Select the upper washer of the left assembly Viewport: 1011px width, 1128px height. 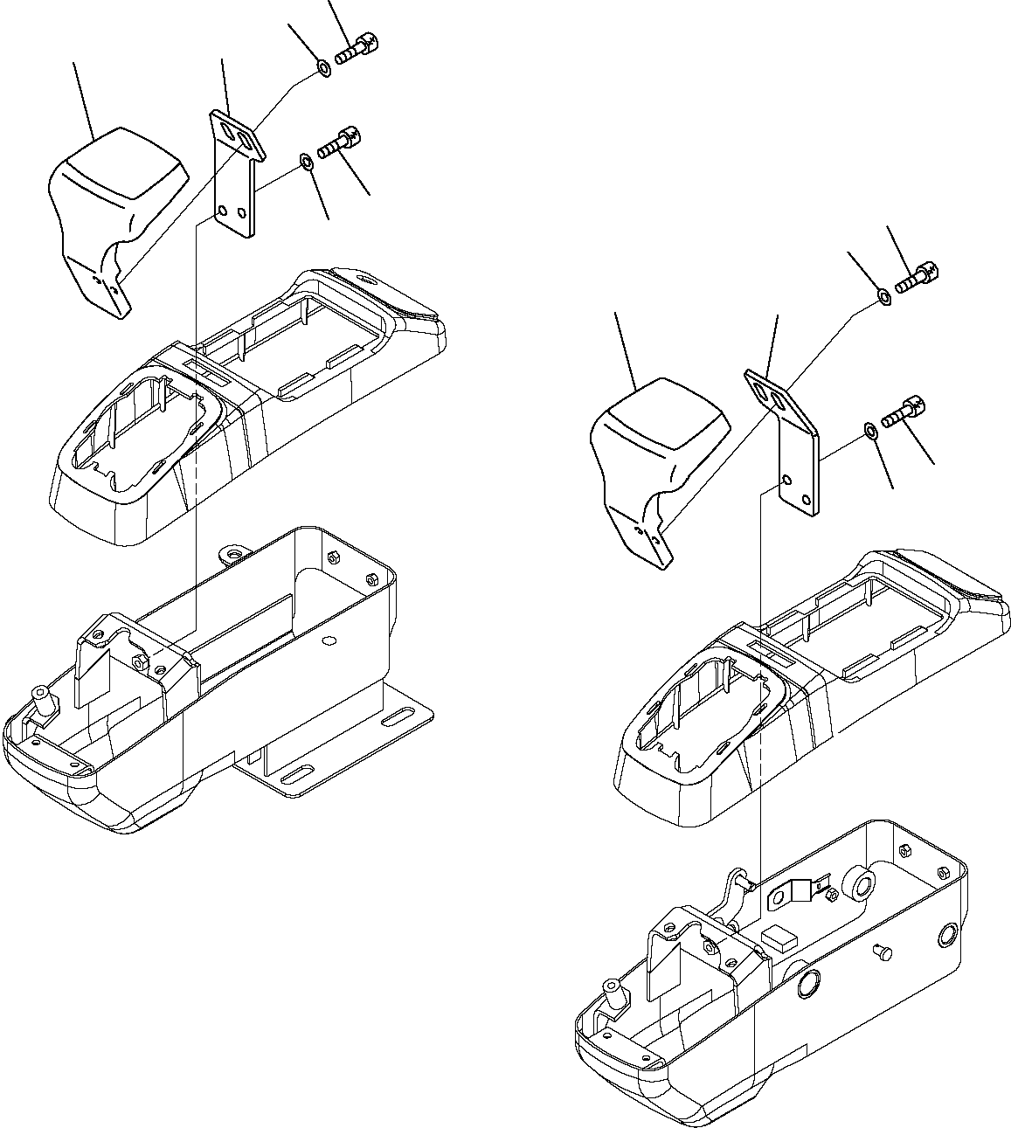[322, 67]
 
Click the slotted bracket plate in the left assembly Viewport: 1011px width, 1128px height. [234, 175]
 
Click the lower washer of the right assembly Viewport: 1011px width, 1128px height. [870, 429]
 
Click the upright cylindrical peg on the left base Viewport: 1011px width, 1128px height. [40, 699]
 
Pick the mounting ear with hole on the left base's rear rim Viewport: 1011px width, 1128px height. [232, 554]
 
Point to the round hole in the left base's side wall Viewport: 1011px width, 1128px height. [329, 640]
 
